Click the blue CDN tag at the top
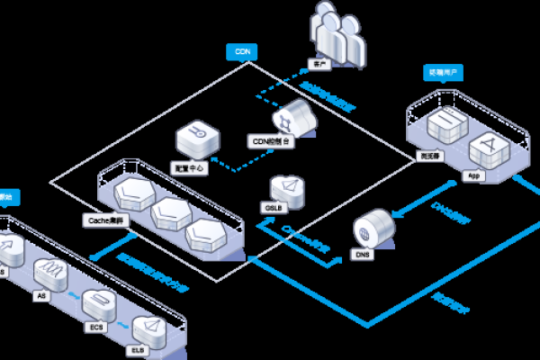pyautogui.click(x=241, y=52)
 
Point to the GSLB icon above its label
pyautogui.click(x=289, y=186)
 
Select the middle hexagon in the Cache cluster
pyautogui.click(x=168, y=214)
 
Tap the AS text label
pyautogui.click(x=39, y=293)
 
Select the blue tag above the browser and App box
pyautogui.click(x=444, y=71)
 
